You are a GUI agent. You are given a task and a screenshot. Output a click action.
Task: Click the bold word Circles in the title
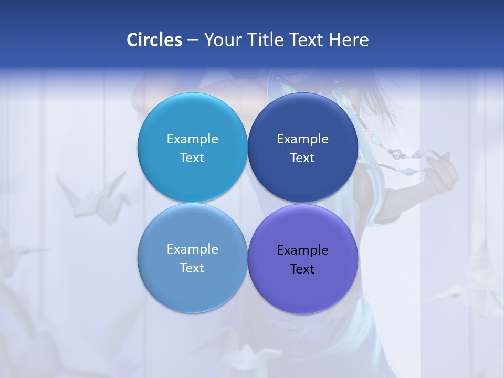point(154,40)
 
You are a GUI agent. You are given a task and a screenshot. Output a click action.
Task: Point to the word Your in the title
point(223,40)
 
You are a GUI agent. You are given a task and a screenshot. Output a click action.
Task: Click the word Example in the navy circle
point(302,139)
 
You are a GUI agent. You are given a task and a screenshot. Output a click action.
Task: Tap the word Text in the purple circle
point(302,269)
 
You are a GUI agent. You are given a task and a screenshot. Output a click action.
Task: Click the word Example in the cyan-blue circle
point(192,139)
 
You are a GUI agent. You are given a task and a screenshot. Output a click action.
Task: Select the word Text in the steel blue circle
point(192,268)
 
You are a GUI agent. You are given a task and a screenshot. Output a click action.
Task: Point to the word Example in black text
point(302,250)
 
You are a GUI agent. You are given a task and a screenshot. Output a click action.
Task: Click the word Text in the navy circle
point(302,157)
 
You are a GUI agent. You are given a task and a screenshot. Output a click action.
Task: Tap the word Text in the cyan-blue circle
point(192,157)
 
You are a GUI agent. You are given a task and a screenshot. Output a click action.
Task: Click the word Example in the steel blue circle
point(192,249)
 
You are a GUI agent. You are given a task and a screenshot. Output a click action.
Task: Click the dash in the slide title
point(193,40)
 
